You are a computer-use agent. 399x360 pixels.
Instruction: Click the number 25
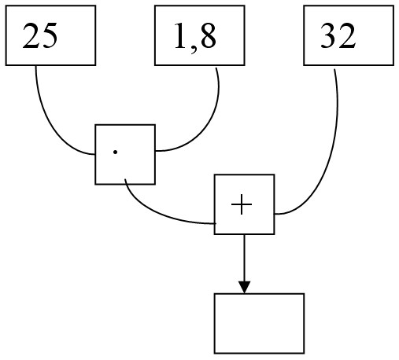tap(40, 35)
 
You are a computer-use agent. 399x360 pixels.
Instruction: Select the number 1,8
tap(195, 37)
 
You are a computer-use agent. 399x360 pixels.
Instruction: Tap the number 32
tap(338, 35)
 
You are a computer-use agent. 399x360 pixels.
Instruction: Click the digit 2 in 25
tap(31, 35)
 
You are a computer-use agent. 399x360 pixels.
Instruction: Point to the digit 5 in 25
tap(49, 36)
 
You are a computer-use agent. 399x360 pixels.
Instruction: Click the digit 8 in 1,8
tap(208, 35)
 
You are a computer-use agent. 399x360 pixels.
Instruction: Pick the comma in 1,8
tap(194, 50)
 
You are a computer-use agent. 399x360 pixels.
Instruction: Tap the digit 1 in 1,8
tap(181, 35)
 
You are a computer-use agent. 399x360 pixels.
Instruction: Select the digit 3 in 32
tap(328, 35)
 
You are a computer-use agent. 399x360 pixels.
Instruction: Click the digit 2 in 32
tap(348, 35)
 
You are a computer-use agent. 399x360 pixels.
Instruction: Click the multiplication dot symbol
tap(115, 152)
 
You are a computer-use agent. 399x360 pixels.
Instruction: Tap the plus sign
tap(242, 204)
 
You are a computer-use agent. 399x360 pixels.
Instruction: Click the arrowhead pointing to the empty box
tap(244, 287)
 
